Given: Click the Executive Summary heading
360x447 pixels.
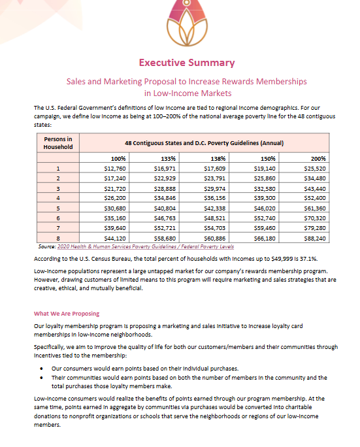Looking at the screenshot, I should coord(186,63).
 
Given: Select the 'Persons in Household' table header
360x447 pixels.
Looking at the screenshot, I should coord(58,142).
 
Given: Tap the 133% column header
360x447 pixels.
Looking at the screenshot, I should coord(168,158).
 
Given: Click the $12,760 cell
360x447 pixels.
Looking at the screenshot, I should coord(115,168).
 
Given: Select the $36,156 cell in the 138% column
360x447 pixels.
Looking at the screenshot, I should coord(214,199).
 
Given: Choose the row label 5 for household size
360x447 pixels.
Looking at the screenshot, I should coord(58,208).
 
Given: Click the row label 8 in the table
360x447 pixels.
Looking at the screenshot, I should coord(58,239).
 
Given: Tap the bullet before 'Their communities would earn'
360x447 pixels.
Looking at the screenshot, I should coord(42,377).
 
